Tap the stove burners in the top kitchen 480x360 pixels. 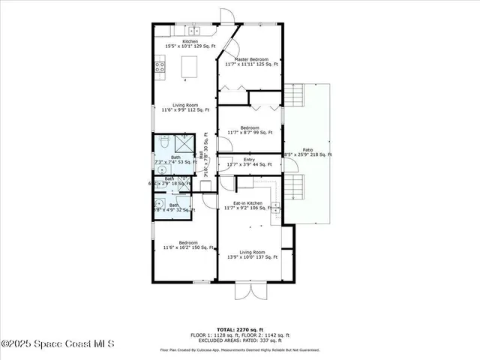(x=160, y=68)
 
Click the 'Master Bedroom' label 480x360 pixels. (x=251, y=59)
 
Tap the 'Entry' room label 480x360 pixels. (x=249, y=160)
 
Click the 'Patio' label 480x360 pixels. (x=307, y=150)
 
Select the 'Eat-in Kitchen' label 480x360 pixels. (x=247, y=202)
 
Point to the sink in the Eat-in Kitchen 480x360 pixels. (x=275, y=205)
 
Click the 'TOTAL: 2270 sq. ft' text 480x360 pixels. (x=239, y=329)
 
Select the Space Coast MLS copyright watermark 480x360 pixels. (x=57, y=344)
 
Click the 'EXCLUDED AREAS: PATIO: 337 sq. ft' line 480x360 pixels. (x=239, y=339)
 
